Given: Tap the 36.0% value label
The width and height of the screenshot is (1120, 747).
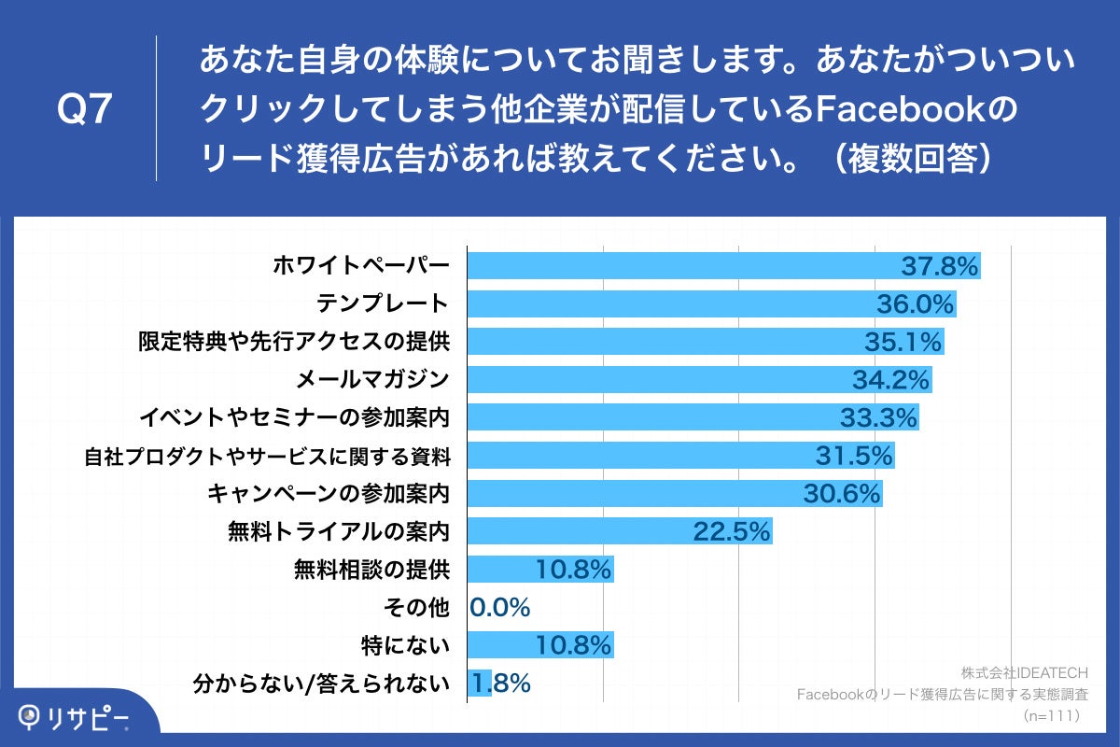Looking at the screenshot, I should tap(915, 304).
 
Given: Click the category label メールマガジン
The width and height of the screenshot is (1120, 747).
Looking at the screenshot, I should tap(372, 379).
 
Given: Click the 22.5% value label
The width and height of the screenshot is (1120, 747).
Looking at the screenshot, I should tap(732, 532).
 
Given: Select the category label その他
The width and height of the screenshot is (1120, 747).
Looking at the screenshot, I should tap(416, 608).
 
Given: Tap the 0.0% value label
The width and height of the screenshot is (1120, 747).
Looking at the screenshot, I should tap(500, 608).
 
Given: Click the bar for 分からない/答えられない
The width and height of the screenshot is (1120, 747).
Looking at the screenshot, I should tap(479, 684).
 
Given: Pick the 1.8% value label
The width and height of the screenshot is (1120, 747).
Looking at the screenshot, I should tap(502, 684).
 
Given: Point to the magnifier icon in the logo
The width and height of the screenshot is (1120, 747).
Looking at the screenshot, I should tap(34, 717).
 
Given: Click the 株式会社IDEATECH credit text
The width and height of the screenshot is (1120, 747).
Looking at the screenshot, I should tap(1024, 671).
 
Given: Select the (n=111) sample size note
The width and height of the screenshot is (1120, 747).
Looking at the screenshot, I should tap(1051, 715).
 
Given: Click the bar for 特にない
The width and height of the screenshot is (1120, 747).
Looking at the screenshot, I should tap(539, 645).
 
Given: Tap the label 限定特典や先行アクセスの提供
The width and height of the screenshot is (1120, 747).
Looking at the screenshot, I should tap(295, 342).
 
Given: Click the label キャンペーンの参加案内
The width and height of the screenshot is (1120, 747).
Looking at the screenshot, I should tap(329, 493).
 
